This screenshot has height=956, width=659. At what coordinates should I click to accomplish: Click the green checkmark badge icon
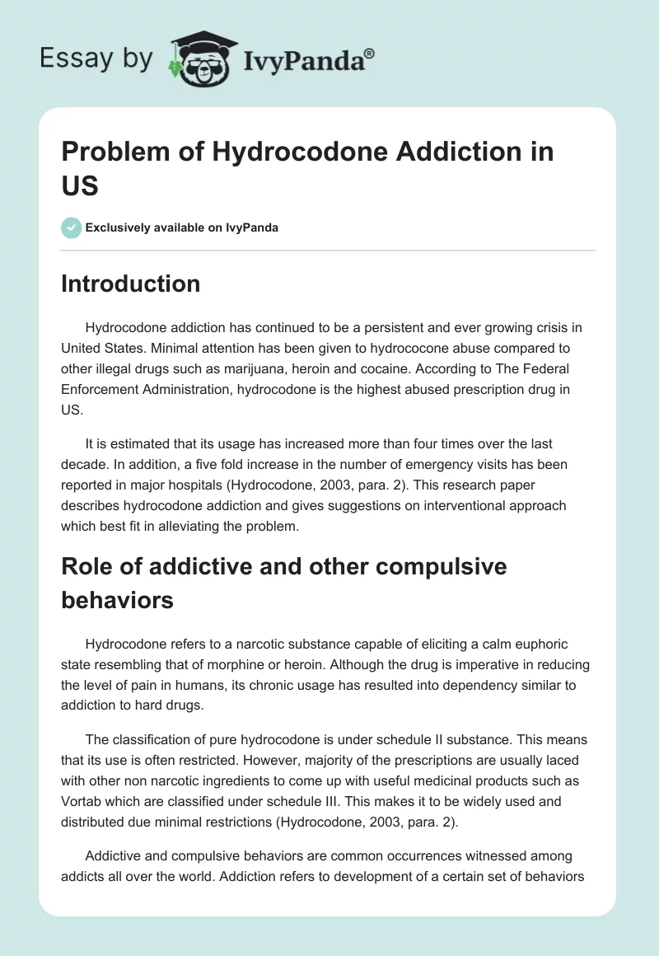point(72,227)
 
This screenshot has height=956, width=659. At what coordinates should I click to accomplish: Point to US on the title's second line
point(80,186)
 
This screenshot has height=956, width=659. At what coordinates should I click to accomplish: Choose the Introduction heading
point(131,284)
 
